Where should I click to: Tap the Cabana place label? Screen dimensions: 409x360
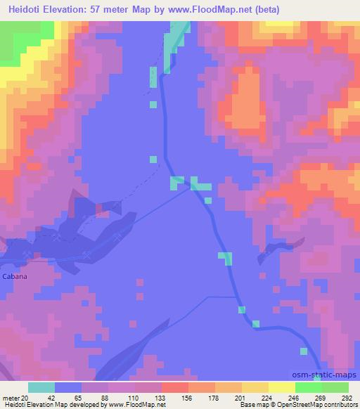click(14, 277)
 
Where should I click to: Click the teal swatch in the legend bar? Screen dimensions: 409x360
click(41, 387)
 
